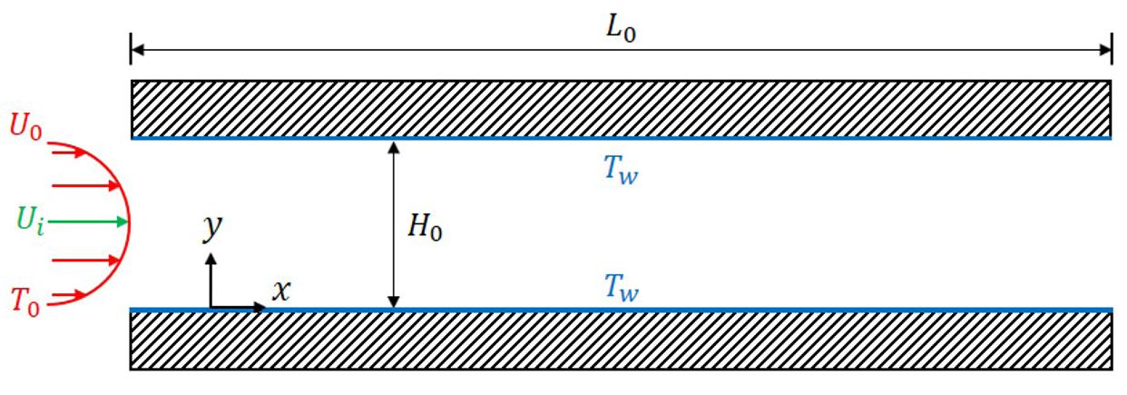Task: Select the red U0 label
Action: [25, 126]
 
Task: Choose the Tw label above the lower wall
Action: [622, 289]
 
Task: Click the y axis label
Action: [212, 228]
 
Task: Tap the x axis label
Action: [282, 290]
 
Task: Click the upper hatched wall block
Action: [621, 108]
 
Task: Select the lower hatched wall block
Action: [621, 341]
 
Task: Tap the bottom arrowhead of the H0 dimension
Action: [393, 303]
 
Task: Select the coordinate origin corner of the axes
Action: [211, 308]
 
